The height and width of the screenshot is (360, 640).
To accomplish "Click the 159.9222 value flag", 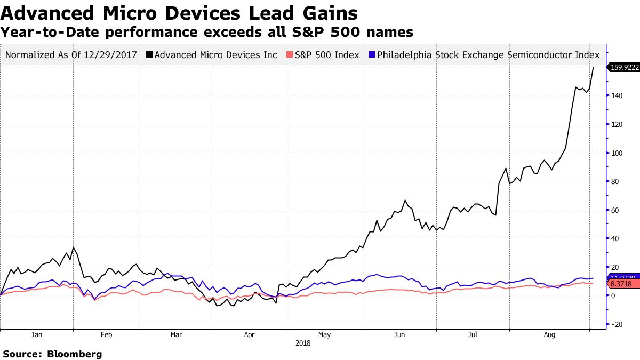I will pyautogui.click(x=624, y=67).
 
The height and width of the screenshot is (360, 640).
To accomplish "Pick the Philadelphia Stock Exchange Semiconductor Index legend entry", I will pyautogui.click(x=484, y=55).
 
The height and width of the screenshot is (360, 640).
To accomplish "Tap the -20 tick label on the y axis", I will pyautogui.click(x=618, y=324).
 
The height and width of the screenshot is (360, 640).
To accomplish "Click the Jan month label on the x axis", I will pyautogui.click(x=37, y=335).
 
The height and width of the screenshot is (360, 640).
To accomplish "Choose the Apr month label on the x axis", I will pyautogui.click(x=249, y=335).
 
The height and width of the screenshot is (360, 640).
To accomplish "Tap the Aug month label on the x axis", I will pyautogui.click(x=550, y=335).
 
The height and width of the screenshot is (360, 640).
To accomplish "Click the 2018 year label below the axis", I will pyautogui.click(x=303, y=343).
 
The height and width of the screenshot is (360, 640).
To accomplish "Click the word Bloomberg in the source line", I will pyautogui.click(x=75, y=354).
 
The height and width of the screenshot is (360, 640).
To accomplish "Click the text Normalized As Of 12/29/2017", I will pyautogui.click(x=71, y=55).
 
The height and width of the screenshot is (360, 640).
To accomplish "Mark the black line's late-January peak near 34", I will pyautogui.click(x=73, y=247).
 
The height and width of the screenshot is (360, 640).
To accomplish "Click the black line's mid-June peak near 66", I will pyautogui.click(x=406, y=201).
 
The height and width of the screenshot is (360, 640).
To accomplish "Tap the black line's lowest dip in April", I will pyautogui.click(x=233, y=306).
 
